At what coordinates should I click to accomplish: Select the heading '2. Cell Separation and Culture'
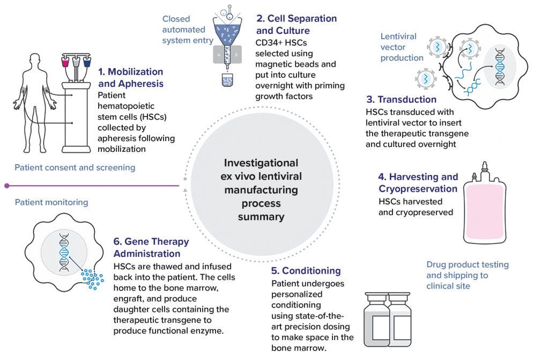(296, 24)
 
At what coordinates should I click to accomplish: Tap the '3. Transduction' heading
(401, 100)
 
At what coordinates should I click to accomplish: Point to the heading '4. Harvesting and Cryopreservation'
(418, 182)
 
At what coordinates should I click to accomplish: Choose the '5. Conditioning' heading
(306, 271)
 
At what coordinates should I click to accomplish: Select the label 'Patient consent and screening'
(75, 167)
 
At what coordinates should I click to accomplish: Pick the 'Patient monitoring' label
(51, 203)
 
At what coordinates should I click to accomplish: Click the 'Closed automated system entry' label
(188, 30)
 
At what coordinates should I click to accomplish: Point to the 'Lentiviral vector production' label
(402, 47)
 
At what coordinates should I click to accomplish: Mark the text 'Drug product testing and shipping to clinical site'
(467, 275)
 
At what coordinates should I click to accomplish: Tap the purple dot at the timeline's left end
(6, 186)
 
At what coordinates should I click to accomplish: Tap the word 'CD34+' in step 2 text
(268, 43)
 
